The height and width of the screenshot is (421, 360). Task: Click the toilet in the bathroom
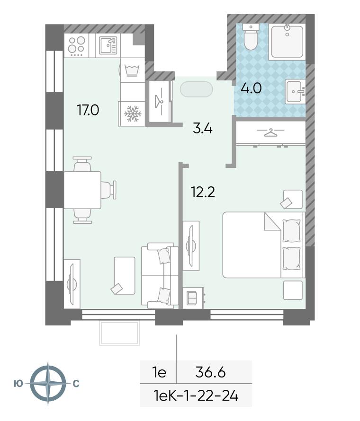tap(251, 37)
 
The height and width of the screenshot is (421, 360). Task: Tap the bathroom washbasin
tap(295, 91)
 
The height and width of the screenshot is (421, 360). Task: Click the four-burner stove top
tap(76, 45)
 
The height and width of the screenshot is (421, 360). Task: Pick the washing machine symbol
tap(132, 70)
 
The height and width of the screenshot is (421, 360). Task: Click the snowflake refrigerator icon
tap(133, 114)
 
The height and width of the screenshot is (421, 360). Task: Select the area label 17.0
tap(88, 110)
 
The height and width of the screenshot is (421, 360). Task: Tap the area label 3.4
tap(203, 129)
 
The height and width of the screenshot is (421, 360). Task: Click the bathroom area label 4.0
tap(251, 88)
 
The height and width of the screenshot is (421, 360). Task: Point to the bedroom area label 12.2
tap(203, 192)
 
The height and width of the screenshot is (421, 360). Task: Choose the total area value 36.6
tap(210, 372)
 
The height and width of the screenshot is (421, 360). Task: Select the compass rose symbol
tap(48, 383)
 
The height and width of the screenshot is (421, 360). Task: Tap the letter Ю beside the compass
tap(18, 384)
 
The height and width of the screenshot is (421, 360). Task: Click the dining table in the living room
tap(82, 190)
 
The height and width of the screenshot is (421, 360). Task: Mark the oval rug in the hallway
tap(197, 89)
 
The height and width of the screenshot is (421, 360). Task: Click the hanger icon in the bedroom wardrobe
tap(270, 132)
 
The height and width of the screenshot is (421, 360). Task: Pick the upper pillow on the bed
tap(291, 231)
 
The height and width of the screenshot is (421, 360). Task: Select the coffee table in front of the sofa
tap(125, 275)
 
